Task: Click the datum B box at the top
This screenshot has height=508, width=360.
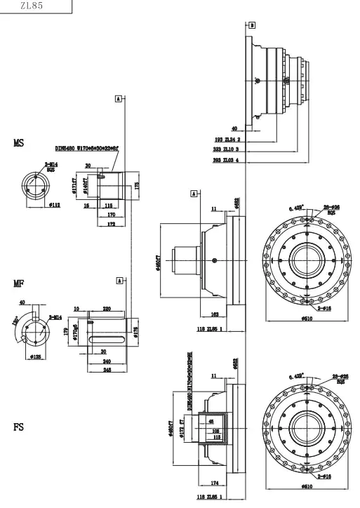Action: click(251, 25)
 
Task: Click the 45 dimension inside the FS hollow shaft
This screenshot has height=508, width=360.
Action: click(211, 421)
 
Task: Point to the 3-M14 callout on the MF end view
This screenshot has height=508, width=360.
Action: click(55, 317)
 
